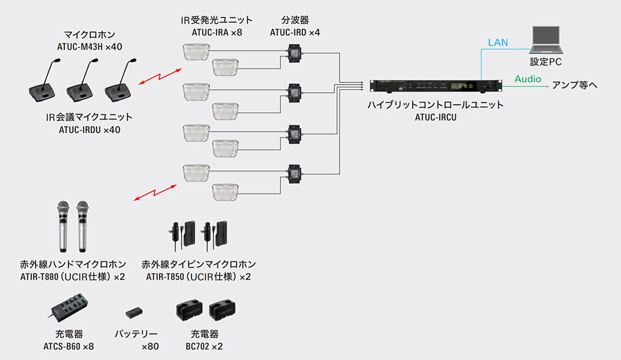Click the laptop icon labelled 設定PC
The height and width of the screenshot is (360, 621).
545,40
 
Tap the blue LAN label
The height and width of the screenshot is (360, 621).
497,42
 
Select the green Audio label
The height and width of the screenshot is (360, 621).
527,79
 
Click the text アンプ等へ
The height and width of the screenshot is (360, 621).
575,85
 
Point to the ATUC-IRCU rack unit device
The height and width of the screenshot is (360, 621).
435,86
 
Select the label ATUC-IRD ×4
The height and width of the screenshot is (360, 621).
295,33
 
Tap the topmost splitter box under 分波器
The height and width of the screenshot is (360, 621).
294,53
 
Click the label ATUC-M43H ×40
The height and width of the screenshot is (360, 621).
89,46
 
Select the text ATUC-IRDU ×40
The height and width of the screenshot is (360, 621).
89,130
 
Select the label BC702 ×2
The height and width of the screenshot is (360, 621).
204,346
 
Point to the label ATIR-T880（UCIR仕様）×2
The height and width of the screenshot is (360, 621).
73,276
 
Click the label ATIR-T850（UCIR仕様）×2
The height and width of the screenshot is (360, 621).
198,276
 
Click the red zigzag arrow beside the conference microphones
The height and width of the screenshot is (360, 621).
160,77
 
